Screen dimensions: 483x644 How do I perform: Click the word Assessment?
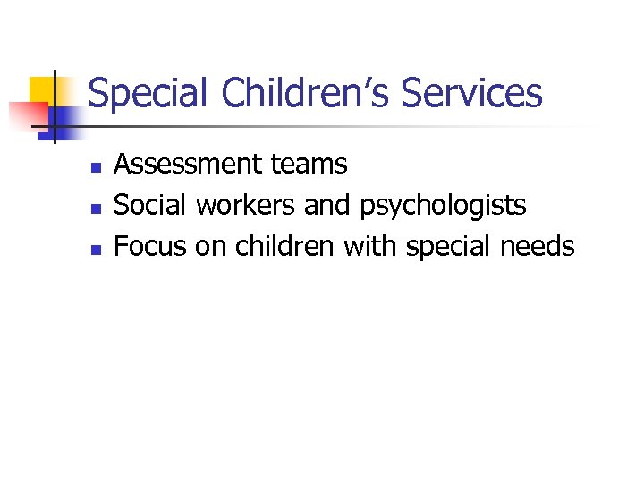[x=186, y=165]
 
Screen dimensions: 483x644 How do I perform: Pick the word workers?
[x=246, y=206]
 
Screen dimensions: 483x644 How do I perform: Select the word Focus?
[x=149, y=246]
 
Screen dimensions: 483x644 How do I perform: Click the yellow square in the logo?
[x=42, y=89]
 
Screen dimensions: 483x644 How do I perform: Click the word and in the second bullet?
[x=328, y=206]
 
